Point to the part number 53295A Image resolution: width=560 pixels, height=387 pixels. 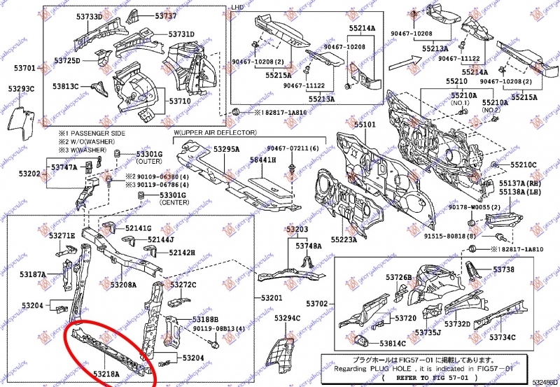227,149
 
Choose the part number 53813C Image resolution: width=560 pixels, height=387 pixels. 66,86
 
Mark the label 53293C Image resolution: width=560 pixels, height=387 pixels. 22,89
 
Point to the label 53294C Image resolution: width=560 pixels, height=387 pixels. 287,318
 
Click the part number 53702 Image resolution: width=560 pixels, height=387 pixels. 317,303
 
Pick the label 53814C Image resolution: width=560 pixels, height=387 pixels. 393,343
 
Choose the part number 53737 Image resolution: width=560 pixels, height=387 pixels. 166,15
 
